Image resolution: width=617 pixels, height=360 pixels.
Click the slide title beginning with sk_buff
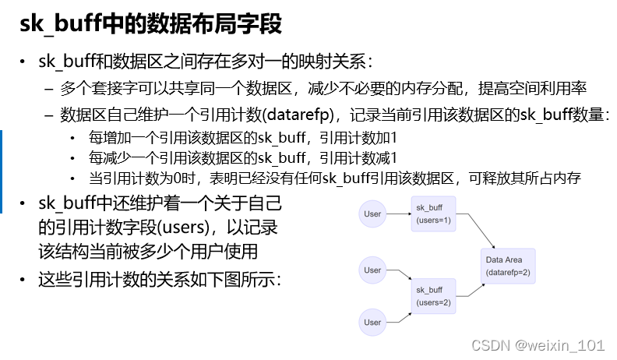[151, 24]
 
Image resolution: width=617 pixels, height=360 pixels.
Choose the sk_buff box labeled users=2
[434, 295]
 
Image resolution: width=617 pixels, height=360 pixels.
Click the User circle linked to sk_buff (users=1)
[372, 214]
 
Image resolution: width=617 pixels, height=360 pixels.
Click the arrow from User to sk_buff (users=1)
[398, 214]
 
